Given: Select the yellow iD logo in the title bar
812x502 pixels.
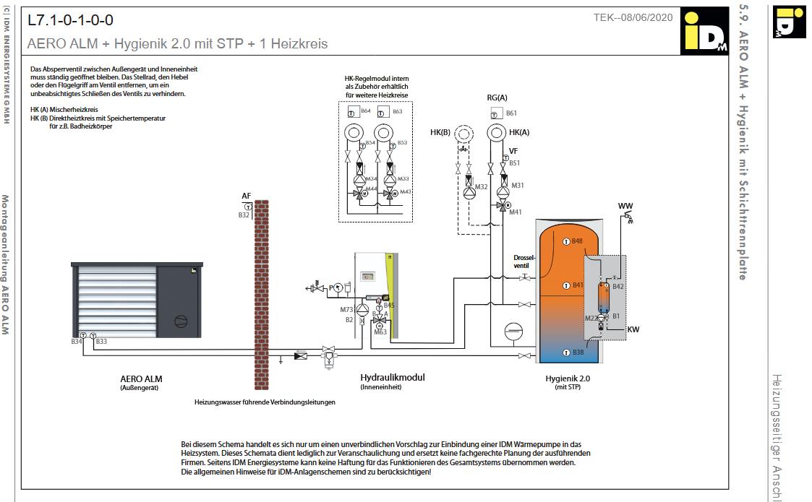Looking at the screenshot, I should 704,32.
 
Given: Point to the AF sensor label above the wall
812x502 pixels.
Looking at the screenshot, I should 246,196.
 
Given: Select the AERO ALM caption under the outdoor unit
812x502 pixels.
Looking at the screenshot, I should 141,378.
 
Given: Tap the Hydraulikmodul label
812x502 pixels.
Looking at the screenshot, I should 392,377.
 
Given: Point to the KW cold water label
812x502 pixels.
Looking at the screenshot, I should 633,330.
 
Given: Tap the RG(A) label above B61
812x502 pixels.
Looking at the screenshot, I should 497,97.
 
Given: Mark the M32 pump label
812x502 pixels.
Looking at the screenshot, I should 482,187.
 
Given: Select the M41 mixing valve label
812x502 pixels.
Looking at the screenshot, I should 516,212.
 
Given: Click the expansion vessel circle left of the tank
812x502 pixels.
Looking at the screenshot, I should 513,329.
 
